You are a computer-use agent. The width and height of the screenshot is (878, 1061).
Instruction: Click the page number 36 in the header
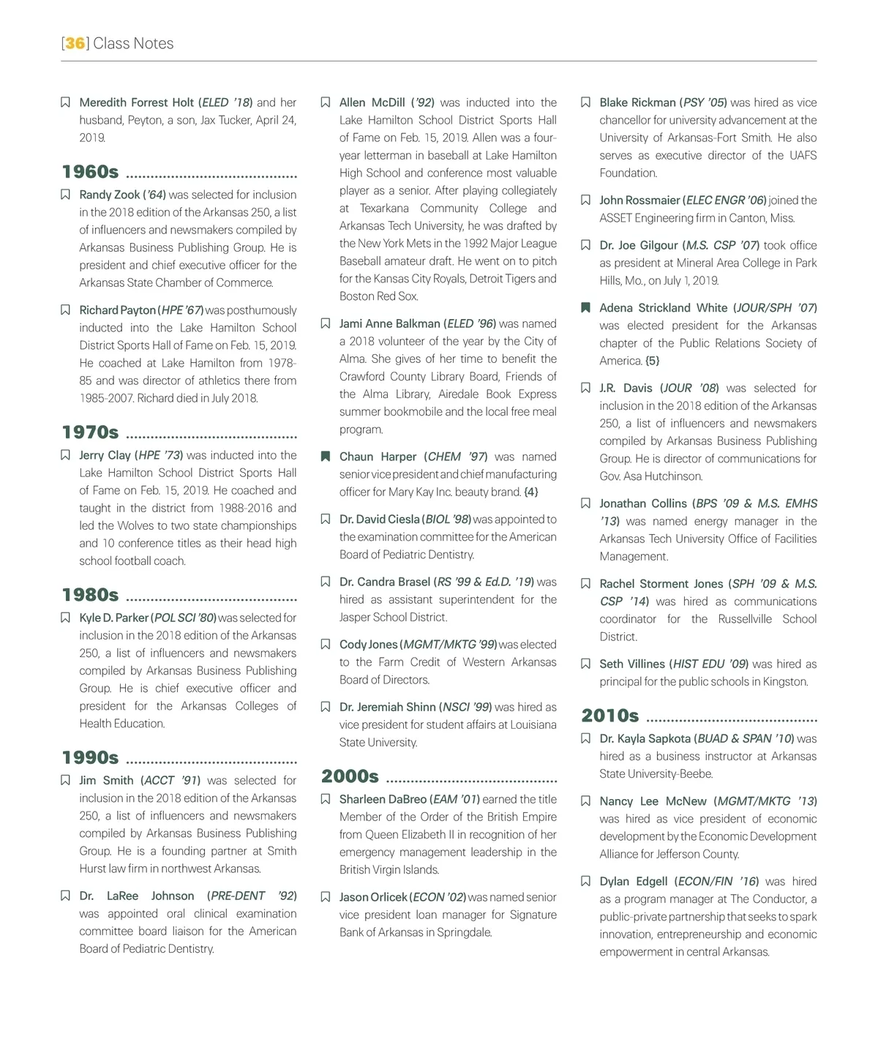[75, 43]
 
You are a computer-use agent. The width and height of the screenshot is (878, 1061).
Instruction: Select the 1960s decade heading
[90, 172]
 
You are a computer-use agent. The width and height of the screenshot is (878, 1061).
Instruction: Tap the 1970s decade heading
[90, 432]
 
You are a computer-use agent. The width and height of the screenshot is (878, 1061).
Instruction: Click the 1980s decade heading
[90, 595]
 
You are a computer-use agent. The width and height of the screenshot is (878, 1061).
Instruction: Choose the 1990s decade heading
[90, 757]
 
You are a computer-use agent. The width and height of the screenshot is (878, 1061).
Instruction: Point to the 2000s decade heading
[350, 776]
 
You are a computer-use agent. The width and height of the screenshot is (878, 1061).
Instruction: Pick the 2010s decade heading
[610, 716]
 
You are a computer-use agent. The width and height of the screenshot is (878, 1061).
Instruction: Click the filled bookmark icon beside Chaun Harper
[326, 457]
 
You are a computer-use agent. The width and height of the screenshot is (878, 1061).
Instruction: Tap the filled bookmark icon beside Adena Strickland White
[585, 308]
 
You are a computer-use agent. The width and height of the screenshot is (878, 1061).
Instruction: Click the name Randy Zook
[109, 195]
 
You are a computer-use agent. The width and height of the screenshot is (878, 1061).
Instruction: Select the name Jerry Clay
[105, 455]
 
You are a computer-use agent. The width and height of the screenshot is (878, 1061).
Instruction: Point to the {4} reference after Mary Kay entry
[530, 492]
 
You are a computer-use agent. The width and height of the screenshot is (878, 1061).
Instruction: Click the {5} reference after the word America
[652, 361]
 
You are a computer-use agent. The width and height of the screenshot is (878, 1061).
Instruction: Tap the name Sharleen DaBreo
[383, 799]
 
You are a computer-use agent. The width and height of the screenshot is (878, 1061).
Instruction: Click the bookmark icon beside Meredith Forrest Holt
[65, 102]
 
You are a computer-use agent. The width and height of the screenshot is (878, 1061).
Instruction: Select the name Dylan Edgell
[633, 882]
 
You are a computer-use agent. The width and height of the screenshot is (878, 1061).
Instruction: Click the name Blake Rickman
[637, 102]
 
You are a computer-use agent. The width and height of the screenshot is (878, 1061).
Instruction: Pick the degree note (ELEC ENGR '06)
[724, 200]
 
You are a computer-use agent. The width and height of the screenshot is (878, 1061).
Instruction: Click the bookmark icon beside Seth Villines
[585, 664]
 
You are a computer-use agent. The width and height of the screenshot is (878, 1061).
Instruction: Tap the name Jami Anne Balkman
[389, 323]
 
